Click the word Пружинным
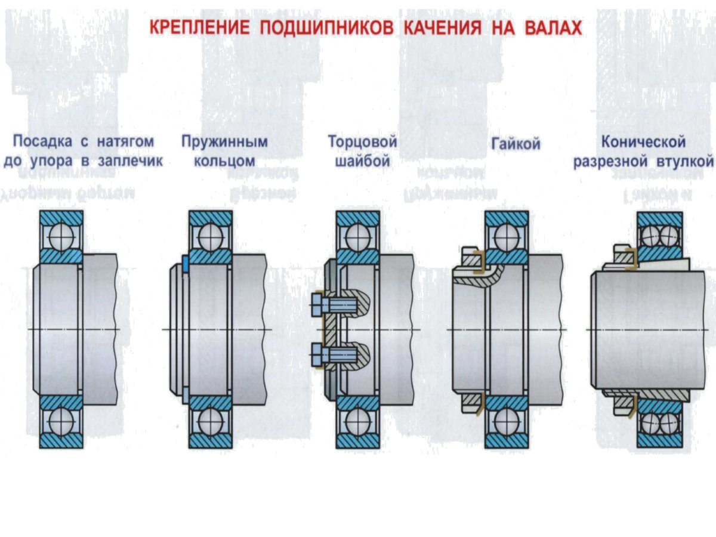point(224,142)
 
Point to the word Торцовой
point(362,142)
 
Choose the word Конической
point(643,142)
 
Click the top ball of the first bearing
point(61,237)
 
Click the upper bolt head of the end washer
point(317,305)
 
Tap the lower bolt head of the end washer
point(317,355)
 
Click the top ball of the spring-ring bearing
point(210,237)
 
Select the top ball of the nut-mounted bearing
point(507,237)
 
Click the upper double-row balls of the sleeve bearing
point(660,236)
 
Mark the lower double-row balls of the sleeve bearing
point(660,423)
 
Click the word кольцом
point(224,162)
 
